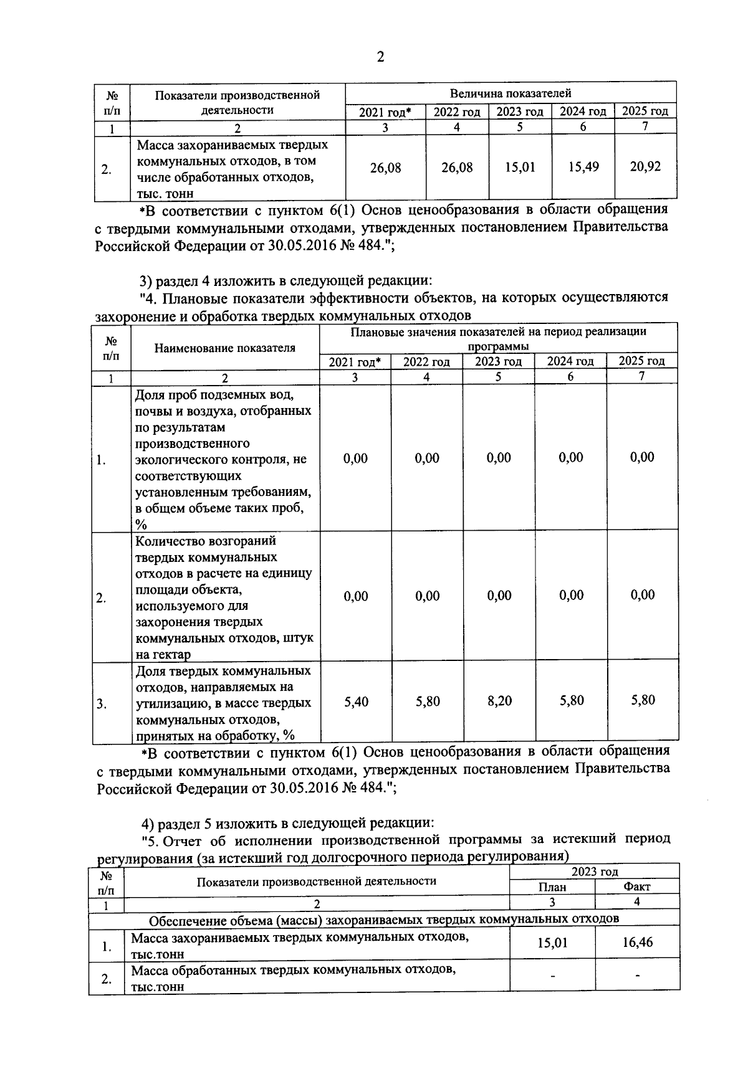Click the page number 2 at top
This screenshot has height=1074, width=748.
380,57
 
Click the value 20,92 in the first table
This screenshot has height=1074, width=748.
645,167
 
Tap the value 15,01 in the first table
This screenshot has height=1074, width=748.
520,168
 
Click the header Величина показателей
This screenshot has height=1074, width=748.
511,93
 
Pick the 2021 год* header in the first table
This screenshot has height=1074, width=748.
385,112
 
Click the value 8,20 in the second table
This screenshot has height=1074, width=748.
499,701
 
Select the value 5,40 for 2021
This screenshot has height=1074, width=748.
356,702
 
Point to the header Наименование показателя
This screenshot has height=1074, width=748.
224,348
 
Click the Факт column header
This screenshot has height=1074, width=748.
636,886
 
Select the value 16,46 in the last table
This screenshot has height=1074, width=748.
637,943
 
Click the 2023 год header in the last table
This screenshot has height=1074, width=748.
594,872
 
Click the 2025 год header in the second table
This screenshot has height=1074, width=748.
641,361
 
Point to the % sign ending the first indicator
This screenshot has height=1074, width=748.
141,525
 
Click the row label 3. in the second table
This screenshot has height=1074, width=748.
101,705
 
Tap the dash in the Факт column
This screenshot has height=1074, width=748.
637,976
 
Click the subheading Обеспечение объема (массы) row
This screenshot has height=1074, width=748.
383,919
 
